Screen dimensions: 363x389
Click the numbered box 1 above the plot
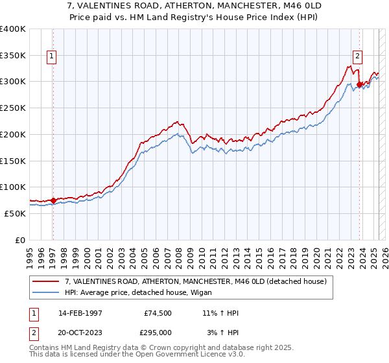pos(51,56)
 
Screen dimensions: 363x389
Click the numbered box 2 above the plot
pos(357,56)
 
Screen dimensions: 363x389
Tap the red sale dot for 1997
pos(53,200)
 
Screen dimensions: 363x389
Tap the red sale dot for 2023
pos(359,84)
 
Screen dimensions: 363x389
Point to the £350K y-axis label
pos(12,56)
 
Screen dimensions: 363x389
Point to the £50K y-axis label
pos(15,213)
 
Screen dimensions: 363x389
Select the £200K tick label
pos(12,134)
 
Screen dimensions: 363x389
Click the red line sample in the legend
pos(47,281)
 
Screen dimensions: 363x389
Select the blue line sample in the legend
pos(47,292)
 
